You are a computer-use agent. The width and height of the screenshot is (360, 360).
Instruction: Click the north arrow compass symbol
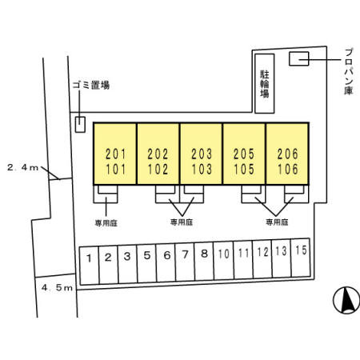346,301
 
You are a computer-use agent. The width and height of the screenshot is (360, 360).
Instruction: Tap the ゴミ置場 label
91,85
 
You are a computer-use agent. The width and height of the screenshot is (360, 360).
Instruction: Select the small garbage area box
80,125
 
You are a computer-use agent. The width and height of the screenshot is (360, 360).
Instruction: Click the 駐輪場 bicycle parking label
265,84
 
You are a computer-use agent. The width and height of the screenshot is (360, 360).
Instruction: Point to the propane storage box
299,58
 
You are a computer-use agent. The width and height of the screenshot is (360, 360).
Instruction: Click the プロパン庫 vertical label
349,71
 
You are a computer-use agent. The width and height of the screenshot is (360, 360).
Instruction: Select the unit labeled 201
115,154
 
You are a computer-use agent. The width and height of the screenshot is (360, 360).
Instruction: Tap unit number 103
202,169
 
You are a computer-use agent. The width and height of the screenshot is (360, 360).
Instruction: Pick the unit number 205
244,154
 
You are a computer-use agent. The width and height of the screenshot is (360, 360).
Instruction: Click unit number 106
287,169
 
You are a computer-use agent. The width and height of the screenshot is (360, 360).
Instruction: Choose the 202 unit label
158,154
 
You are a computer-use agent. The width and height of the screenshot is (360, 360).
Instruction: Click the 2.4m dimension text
23,167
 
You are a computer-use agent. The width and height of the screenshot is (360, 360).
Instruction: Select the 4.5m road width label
57,288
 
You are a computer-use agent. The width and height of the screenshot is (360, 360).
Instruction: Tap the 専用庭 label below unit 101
106,223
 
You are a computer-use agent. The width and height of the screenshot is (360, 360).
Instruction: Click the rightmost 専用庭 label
277,222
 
